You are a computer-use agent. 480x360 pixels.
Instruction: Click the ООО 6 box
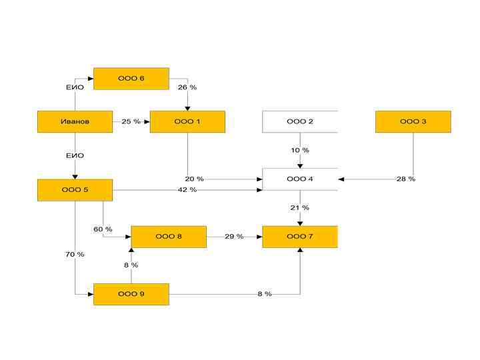(x=131, y=79)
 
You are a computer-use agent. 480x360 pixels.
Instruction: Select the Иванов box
(x=75, y=122)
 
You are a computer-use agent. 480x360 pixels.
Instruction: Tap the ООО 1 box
(x=187, y=122)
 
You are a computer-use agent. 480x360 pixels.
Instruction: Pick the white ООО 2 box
(x=300, y=122)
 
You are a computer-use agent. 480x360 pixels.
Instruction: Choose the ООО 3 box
(x=413, y=122)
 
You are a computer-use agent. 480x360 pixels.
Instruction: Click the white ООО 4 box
(x=300, y=179)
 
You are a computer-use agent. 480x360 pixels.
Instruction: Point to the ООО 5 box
(x=75, y=190)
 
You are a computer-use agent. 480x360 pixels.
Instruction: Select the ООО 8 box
(x=169, y=237)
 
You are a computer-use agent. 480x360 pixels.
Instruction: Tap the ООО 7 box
(x=300, y=237)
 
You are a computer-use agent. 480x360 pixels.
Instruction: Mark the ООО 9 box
(x=131, y=294)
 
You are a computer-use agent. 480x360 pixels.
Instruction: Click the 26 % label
(x=187, y=87)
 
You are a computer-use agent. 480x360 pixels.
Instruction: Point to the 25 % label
(x=131, y=122)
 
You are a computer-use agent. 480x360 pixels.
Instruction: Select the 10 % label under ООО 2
(x=300, y=151)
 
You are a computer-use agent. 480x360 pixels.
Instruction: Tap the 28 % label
(x=406, y=179)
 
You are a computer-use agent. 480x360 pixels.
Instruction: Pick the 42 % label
(x=187, y=190)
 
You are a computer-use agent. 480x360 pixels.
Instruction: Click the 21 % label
(x=300, y=208)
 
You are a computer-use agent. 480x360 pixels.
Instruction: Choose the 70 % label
(x=75, y=255)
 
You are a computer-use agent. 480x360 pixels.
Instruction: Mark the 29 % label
(x=234, y=237)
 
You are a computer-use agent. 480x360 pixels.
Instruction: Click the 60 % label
(x=103, y=229)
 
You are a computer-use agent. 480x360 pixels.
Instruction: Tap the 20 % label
(x=195, y=179)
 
